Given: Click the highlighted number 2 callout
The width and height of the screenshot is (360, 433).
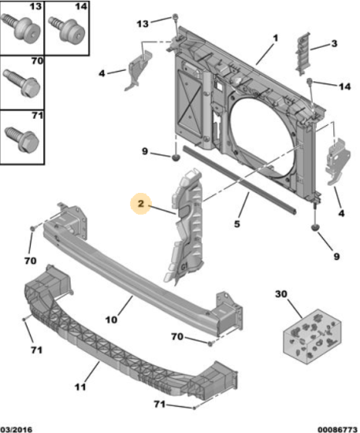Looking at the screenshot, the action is pos(141,204).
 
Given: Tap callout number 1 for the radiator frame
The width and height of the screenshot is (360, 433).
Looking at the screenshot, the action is pos(276,38).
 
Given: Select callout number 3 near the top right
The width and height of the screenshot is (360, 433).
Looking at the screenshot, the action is pos(334,43).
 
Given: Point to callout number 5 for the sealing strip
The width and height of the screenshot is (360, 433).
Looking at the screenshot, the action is pos(237,224).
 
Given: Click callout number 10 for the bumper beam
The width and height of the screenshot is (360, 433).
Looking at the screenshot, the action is pos(111,320).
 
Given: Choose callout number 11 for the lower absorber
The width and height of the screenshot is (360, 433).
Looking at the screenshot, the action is pos(80,387).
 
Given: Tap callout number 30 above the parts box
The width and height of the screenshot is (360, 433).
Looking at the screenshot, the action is pos(281,294).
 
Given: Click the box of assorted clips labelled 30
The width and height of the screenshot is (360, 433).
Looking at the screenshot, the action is pos(312,336).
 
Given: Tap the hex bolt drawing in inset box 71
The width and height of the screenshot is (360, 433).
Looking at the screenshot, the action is pos(21,139).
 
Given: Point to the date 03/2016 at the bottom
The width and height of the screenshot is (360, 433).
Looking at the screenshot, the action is pos(17,429).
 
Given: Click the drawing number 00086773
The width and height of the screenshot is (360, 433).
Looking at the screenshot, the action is pos(337,429).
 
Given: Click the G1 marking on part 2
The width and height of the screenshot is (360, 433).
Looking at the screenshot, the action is pos(184,266).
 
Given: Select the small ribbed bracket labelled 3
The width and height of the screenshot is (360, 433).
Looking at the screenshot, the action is pos(302,54).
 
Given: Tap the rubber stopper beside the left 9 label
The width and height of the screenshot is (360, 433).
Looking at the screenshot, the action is pos(176,157).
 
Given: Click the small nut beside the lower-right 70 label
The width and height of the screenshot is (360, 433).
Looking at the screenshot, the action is pos(210,344).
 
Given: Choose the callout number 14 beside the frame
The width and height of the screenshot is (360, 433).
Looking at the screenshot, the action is pos(344,87).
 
